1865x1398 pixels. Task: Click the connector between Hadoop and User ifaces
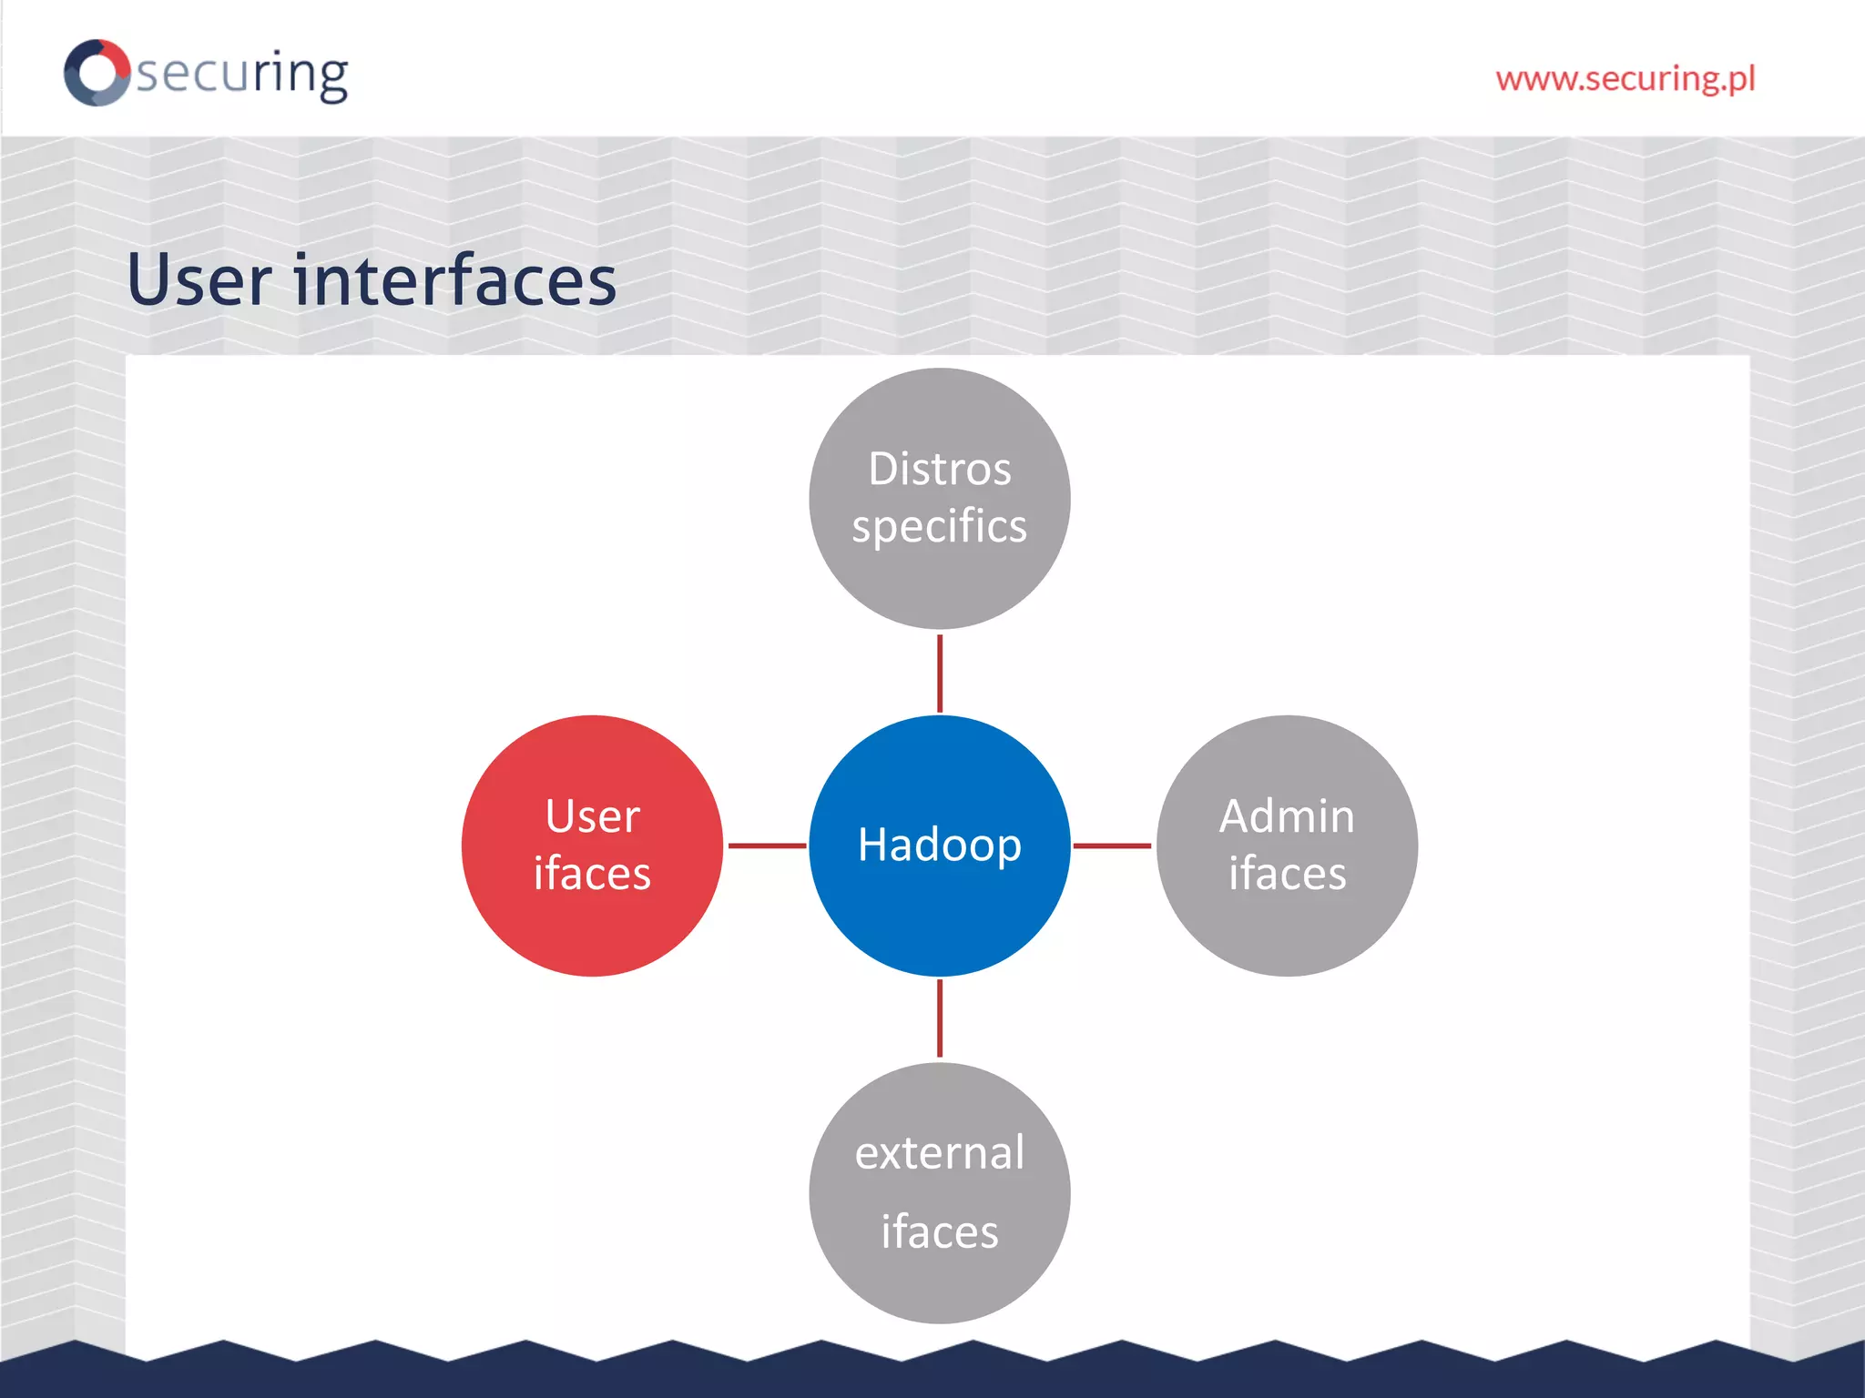[767, 846]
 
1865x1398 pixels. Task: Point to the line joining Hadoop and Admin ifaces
[1112, 846]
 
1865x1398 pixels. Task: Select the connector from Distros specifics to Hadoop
[940, 674]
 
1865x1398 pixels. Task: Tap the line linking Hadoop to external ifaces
[940, 1018]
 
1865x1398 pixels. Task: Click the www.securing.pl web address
[1626, 79]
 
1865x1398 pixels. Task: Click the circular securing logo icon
[97, 72]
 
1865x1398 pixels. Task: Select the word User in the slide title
[199, 279]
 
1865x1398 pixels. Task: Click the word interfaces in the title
[455, 279]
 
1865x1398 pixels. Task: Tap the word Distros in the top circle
[940, 470]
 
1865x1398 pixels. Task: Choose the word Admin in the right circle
[1287, 816]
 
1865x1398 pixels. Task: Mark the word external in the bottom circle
[940, 1153]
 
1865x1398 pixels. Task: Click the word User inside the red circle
[593, 816]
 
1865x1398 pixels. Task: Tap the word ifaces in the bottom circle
[940, 1231]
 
